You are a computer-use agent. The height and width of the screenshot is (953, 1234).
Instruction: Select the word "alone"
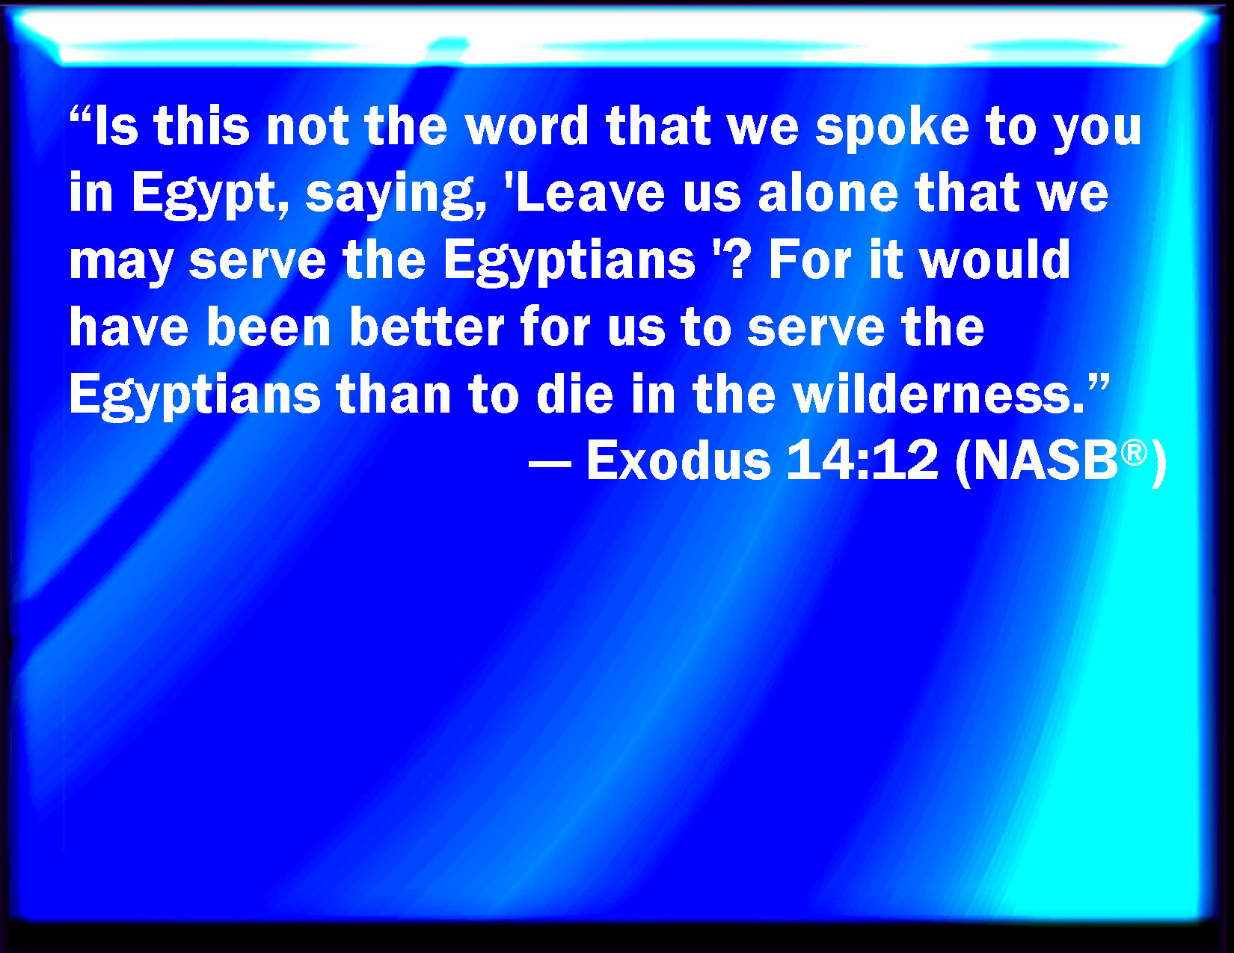pyautogui.click(x=829, y=192)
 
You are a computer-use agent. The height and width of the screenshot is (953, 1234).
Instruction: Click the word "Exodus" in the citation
pyautogui.click(x=678, y=460)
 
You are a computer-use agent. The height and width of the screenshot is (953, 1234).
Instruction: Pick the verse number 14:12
pyautogui.click(x=862, y=460)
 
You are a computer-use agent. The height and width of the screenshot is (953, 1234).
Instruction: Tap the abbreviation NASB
pyautogui.click(x=1046, y=461)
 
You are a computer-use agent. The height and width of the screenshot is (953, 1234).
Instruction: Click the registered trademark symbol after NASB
pyautogui.click(x=1134, y=454)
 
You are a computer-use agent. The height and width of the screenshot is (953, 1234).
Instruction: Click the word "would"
pyautogui.click(x=995, y=259)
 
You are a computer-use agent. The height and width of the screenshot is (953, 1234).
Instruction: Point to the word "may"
pyautogui.click(x=121, y=262)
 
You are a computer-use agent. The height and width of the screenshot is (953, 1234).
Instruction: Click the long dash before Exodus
pyautogui.click(x=550, y=463)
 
